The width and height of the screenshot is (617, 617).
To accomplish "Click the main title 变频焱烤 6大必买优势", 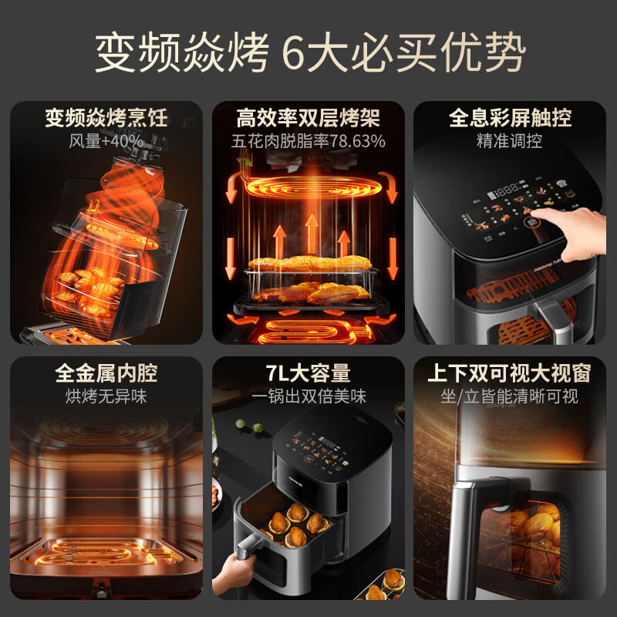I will tap(308, 53).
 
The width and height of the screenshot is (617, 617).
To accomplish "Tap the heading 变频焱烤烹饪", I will tap(106, 118).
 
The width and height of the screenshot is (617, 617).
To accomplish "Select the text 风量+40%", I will tap(106, 141).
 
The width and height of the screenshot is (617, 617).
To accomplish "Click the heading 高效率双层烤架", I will tap(308, 118).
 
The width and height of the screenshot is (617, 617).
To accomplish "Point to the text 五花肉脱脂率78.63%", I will tap(308, 141).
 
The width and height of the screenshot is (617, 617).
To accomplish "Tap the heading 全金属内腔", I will tap(106, 373).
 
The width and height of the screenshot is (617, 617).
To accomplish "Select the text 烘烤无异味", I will tap(106, 396).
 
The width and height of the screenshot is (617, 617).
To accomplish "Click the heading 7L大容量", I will tap(308, 373).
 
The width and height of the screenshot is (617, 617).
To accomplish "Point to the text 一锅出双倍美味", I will tap(308, 396).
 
